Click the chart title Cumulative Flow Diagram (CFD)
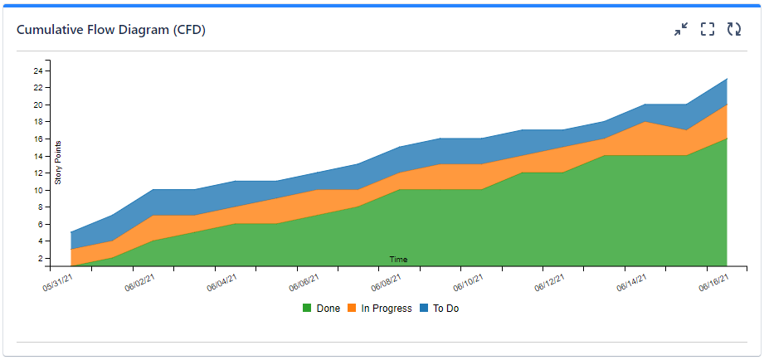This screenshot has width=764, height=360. (x=111, y=30)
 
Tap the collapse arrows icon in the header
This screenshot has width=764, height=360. (x=681, y=30)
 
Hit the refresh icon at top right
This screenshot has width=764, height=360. (x=734, y=30)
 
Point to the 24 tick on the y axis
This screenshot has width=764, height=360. (x=38, y=71)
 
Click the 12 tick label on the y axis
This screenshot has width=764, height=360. (x=38, y=173)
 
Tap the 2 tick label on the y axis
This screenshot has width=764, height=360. (x=40, y=259)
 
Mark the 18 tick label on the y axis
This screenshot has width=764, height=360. (x=38, y=122)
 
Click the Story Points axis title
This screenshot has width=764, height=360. (x=58, y=162)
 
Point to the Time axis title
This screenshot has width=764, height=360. (x=398, y=260)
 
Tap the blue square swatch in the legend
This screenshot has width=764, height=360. (x=423, y=309)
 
